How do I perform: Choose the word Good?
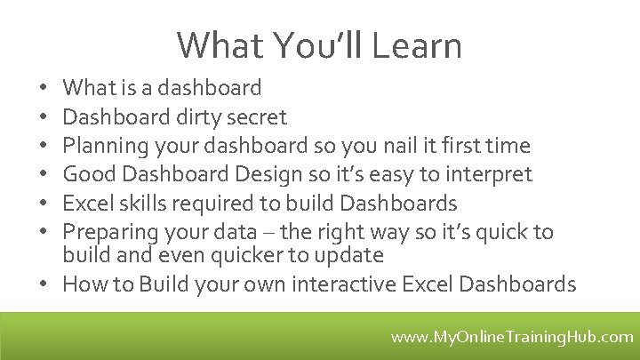[85, 174]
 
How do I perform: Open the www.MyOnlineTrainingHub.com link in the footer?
[512, 337]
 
